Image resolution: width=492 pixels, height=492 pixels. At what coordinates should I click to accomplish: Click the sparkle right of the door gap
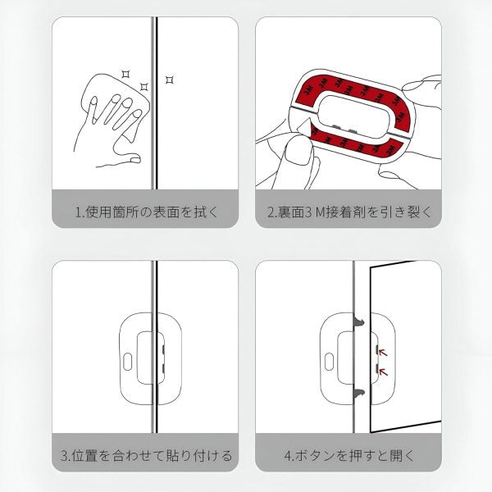click(170, 80)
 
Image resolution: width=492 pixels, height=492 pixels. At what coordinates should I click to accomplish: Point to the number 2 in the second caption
click(271, 212)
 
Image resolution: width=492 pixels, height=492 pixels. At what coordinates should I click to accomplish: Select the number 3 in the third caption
click(65, 454)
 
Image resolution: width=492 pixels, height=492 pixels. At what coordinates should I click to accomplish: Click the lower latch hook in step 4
click(360, 394)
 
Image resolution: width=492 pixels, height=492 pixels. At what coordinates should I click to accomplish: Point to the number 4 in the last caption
click(286, 454)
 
